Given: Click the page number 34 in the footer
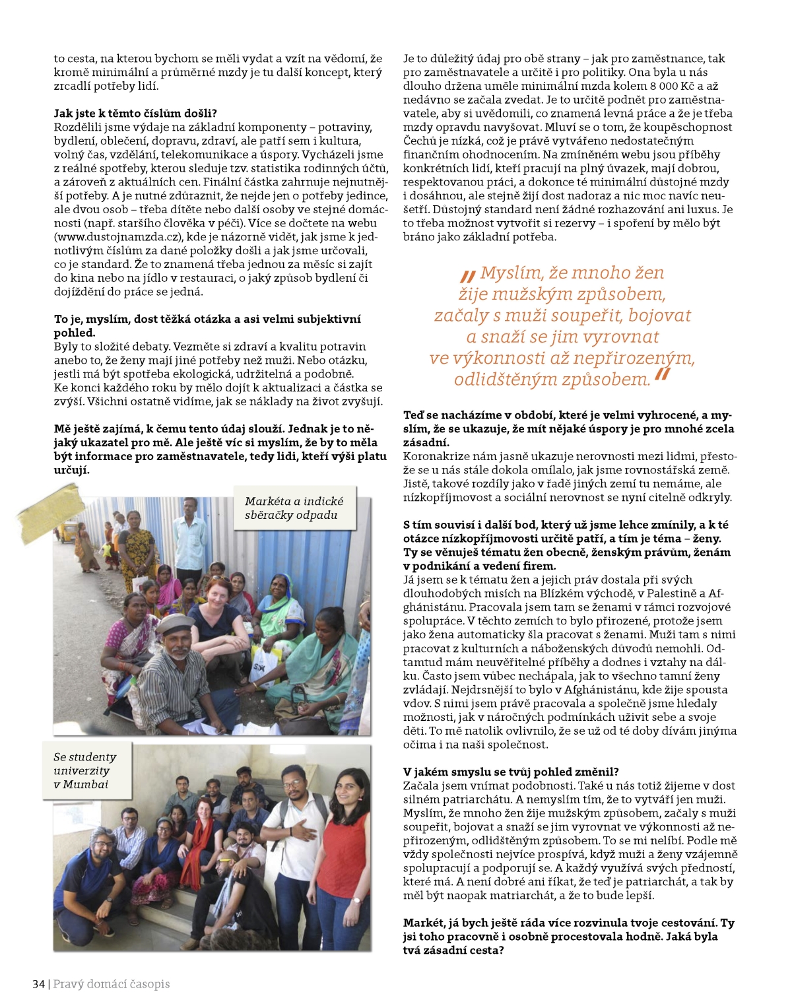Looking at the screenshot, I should (x=38, y=984).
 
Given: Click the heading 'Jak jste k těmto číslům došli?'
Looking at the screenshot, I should (x=135, y=113).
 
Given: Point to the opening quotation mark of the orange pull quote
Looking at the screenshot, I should (x=468, y=275).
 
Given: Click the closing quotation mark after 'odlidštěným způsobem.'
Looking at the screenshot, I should (x=663, y=376).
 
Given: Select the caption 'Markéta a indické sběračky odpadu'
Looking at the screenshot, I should (x=294, y=508).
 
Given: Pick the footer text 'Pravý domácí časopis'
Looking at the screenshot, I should (x=111, y=984).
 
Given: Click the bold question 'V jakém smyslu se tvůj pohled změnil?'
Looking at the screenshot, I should (x=511, y=772).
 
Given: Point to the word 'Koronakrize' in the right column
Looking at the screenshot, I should (x=436, y=456).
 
